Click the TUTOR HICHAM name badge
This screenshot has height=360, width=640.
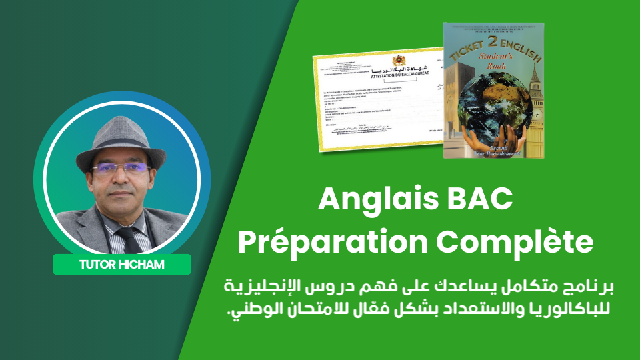tap(122, 265)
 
